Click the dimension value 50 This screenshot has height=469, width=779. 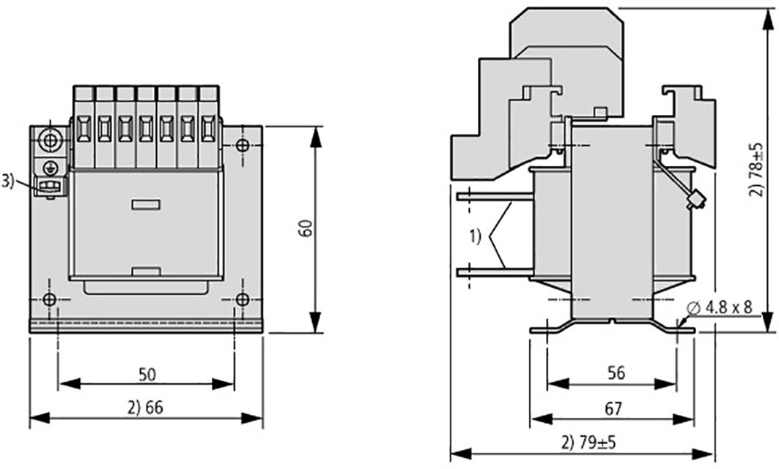tap(147, 375)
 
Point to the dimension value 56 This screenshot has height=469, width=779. tap(616, 373)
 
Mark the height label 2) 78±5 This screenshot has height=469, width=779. tap(756, 171)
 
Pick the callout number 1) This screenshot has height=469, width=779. tap(475, 236)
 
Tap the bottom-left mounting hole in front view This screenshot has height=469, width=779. tap(49, 299)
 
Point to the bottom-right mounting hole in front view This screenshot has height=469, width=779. tap(243, 299)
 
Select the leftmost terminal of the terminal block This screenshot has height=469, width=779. tap(84, 128)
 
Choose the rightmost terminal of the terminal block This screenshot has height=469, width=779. tap(209, 128)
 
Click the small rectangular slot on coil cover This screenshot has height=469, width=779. tap(145, 205)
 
